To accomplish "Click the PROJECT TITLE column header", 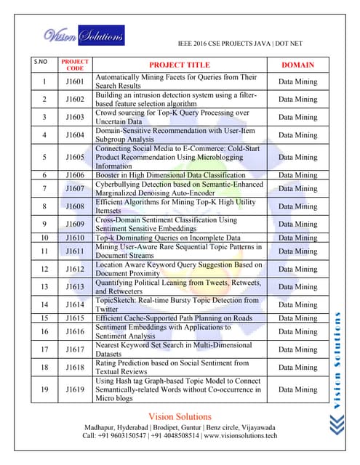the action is tap(179, 65).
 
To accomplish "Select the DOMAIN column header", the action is tap(297, 65).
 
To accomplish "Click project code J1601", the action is tap(75, 81).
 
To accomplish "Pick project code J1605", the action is tap(75, 157).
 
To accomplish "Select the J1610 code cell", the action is tap(75, 238).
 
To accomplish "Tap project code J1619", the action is tap(75, 389).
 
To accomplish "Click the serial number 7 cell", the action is tap(44, 189).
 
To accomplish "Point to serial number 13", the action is tap(44, 287).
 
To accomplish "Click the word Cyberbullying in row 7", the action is tap(121, 185).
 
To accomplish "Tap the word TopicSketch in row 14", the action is tap(116, 300).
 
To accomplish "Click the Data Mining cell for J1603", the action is tap(297, 117).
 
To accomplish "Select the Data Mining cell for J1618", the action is tap(297, 368).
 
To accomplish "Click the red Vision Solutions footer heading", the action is tap(180, 416).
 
